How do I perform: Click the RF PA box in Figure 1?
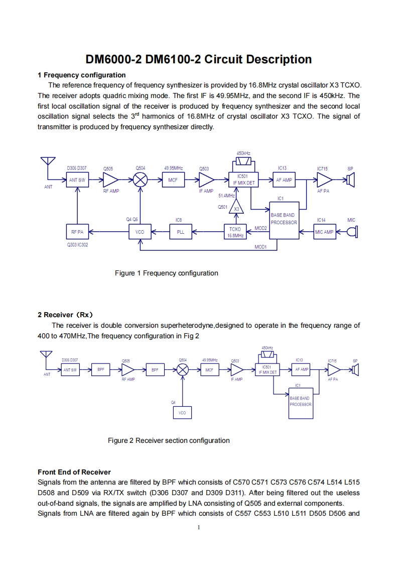click(77, 232)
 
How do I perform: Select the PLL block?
click(180, 232)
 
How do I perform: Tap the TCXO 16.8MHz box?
click(234, 232)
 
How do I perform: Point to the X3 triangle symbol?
click(237, 208)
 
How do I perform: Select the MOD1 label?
click(260, 247)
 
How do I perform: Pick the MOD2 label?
click(260, 228)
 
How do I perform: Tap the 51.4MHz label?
click(226, 195)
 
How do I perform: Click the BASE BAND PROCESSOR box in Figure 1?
click(284, 219)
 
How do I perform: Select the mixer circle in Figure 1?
click(140, 180)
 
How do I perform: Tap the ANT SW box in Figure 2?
click(70, 370)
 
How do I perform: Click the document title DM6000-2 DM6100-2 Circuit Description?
click(199, 59)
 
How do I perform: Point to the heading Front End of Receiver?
click(74, 472)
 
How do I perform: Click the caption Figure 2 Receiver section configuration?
click(169, 440)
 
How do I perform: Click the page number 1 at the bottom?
click(199, 527)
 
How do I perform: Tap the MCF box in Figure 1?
click(173, 180)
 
